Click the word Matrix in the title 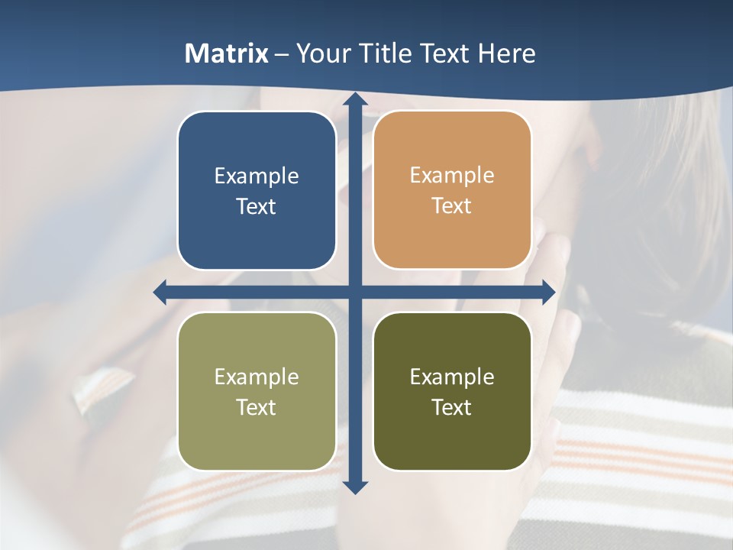[x=227, y=53]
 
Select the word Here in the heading [x=507, y=53]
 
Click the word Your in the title [x=321, y=53]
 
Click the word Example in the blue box [x=257, y=176]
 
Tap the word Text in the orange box [x=452, y=206]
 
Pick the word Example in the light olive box [x=257, y=377]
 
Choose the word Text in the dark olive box [x=452, y=407]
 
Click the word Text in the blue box [x=257, y=207]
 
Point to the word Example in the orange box [x=452, y=176]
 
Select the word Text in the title [x=445, y=53]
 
